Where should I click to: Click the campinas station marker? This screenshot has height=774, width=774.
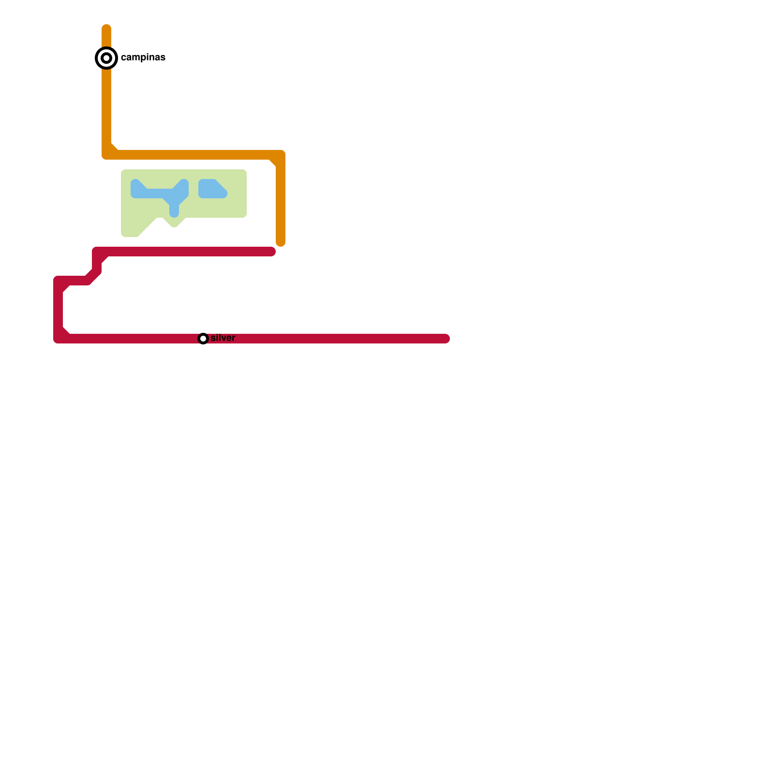pyautogui.click(x=106, y=58)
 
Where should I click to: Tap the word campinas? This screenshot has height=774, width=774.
pyautogui.click(x=143, y=58)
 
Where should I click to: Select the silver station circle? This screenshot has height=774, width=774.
pyautogui.click(x=203, y=339)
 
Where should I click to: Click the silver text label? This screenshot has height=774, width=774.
pyautogui.click(x=223, y=338)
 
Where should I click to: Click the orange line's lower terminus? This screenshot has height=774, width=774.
pyautogui.click(x=281, y=242)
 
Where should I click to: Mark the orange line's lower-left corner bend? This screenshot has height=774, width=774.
pyautogui.click(x=107, y=154)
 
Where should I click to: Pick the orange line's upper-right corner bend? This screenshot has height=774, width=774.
pyautogui.click(x=280, y=155)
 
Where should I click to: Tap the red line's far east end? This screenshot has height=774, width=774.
pyautogui.click(x=446, y=339)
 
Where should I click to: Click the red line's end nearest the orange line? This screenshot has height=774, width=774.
pyautogui.click(x=271, y=252)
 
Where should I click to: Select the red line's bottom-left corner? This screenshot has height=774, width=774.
pyautogui.click(x=58, y=338)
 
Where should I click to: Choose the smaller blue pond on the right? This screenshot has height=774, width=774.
pyautogui.click(x=211, y=189)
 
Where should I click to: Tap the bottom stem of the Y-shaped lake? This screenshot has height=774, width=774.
pyautogui.click(x=174, y=211)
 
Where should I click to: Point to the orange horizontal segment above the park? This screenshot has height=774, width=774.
pyautogui.click(x=193, y=155)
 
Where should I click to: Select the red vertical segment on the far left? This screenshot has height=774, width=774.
pyautogui.click(x=58, y=310)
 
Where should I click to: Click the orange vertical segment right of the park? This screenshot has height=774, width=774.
pyautogui.click(x=281, y=203)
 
